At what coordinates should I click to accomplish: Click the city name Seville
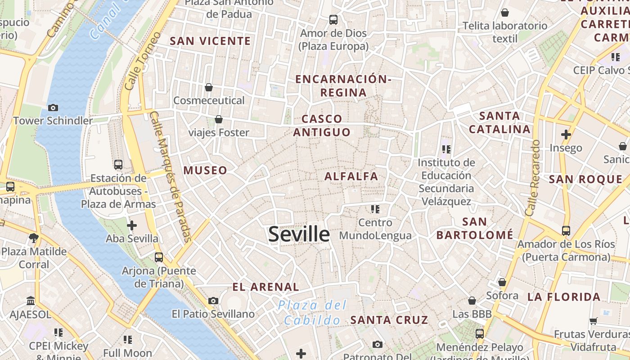pos(299,234)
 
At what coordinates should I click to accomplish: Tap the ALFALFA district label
pos(351,176)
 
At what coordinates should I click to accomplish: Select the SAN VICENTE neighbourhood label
pos(210,41)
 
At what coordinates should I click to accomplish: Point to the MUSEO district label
pos(205,170)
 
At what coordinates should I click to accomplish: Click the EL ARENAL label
pos(265,287)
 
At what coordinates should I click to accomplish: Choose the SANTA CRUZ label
pos(389,320)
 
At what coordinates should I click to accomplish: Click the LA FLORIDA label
pos(564,297)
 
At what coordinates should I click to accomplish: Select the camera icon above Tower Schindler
pos(53,108)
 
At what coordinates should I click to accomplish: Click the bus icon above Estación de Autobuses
pos(118,165)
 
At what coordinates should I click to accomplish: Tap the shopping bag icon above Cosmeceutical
pos(208,87)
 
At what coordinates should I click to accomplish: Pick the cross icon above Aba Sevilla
pos(132,225)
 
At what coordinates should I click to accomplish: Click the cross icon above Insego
pos(566,134)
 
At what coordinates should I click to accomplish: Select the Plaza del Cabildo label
pos(312,312)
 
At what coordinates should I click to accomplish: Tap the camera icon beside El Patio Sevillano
pos(213,301)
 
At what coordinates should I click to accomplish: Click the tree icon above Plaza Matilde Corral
pos(33,238)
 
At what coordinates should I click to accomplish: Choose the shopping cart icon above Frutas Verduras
pos(593,321)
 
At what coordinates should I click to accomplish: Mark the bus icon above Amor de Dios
pos(333,20)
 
